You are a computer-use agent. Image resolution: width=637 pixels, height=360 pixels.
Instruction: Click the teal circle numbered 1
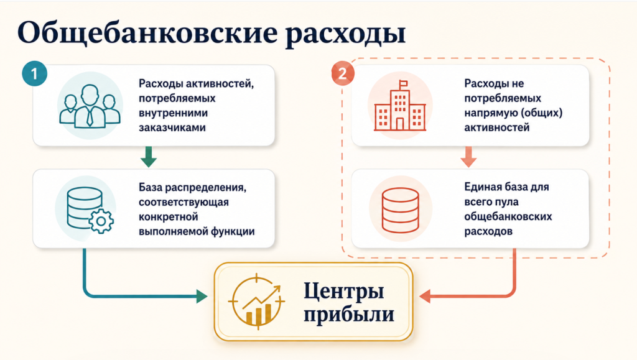pos(35,73)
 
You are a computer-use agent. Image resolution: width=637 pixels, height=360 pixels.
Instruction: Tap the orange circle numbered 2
pos(343,73)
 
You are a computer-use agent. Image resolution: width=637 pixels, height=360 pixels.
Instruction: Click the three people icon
pos(90,106)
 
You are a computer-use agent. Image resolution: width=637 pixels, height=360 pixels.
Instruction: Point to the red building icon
pos(400,106)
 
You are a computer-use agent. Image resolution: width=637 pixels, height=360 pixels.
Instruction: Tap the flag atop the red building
pos(403,83)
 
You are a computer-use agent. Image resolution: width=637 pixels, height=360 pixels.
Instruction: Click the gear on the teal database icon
pos(101,221)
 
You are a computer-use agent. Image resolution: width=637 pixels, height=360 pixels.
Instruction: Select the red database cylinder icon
pos(400,210)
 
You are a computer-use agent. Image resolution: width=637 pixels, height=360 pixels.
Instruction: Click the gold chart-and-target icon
pos(256,301)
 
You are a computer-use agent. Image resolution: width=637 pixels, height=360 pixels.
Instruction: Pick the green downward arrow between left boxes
pos(149,157)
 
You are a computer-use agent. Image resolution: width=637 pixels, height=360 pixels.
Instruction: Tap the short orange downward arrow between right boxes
pos(468,157)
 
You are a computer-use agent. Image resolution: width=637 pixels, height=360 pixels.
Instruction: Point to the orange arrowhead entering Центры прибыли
pos(425,297)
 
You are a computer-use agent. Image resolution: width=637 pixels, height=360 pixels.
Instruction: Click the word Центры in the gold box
pos(343,292)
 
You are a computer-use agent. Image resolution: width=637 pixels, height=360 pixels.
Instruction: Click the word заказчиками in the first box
pos(172,127)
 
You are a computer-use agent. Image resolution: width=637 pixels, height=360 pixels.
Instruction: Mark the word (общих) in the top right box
pos(542,113)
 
